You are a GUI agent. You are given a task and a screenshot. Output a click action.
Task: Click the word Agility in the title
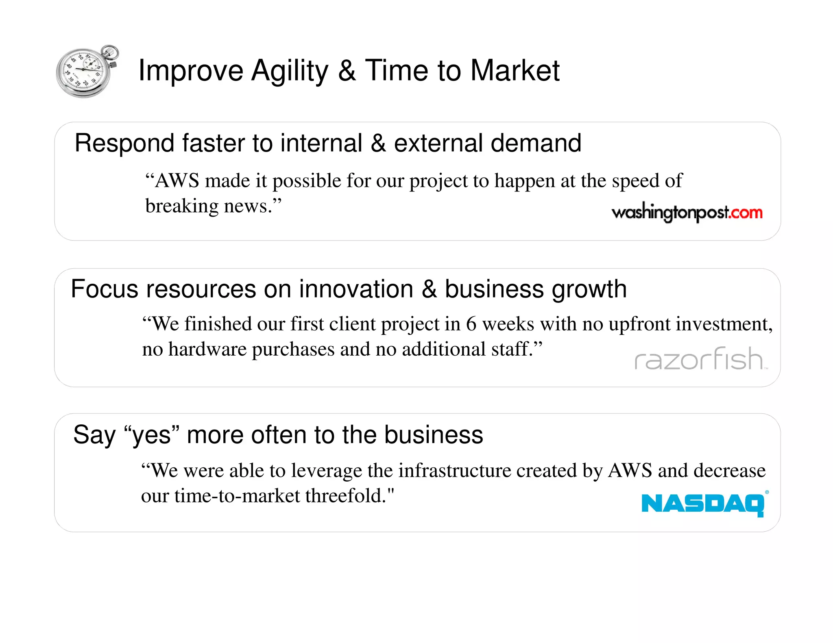[x=289, y=71]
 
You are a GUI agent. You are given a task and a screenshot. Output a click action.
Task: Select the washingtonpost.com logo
[x=687, y=213]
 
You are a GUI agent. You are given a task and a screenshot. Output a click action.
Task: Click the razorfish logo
[x=700, y=359]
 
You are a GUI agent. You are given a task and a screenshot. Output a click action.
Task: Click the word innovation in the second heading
[x=356, y=289]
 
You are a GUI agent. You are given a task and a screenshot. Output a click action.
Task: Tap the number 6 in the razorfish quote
[x=471, y=324]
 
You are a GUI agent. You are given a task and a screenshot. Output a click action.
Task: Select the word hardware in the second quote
[x=207, y=349]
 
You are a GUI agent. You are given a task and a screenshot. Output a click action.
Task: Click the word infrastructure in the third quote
[x=455, y=471]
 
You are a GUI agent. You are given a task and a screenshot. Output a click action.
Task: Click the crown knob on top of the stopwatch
[x=110, y=52]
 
